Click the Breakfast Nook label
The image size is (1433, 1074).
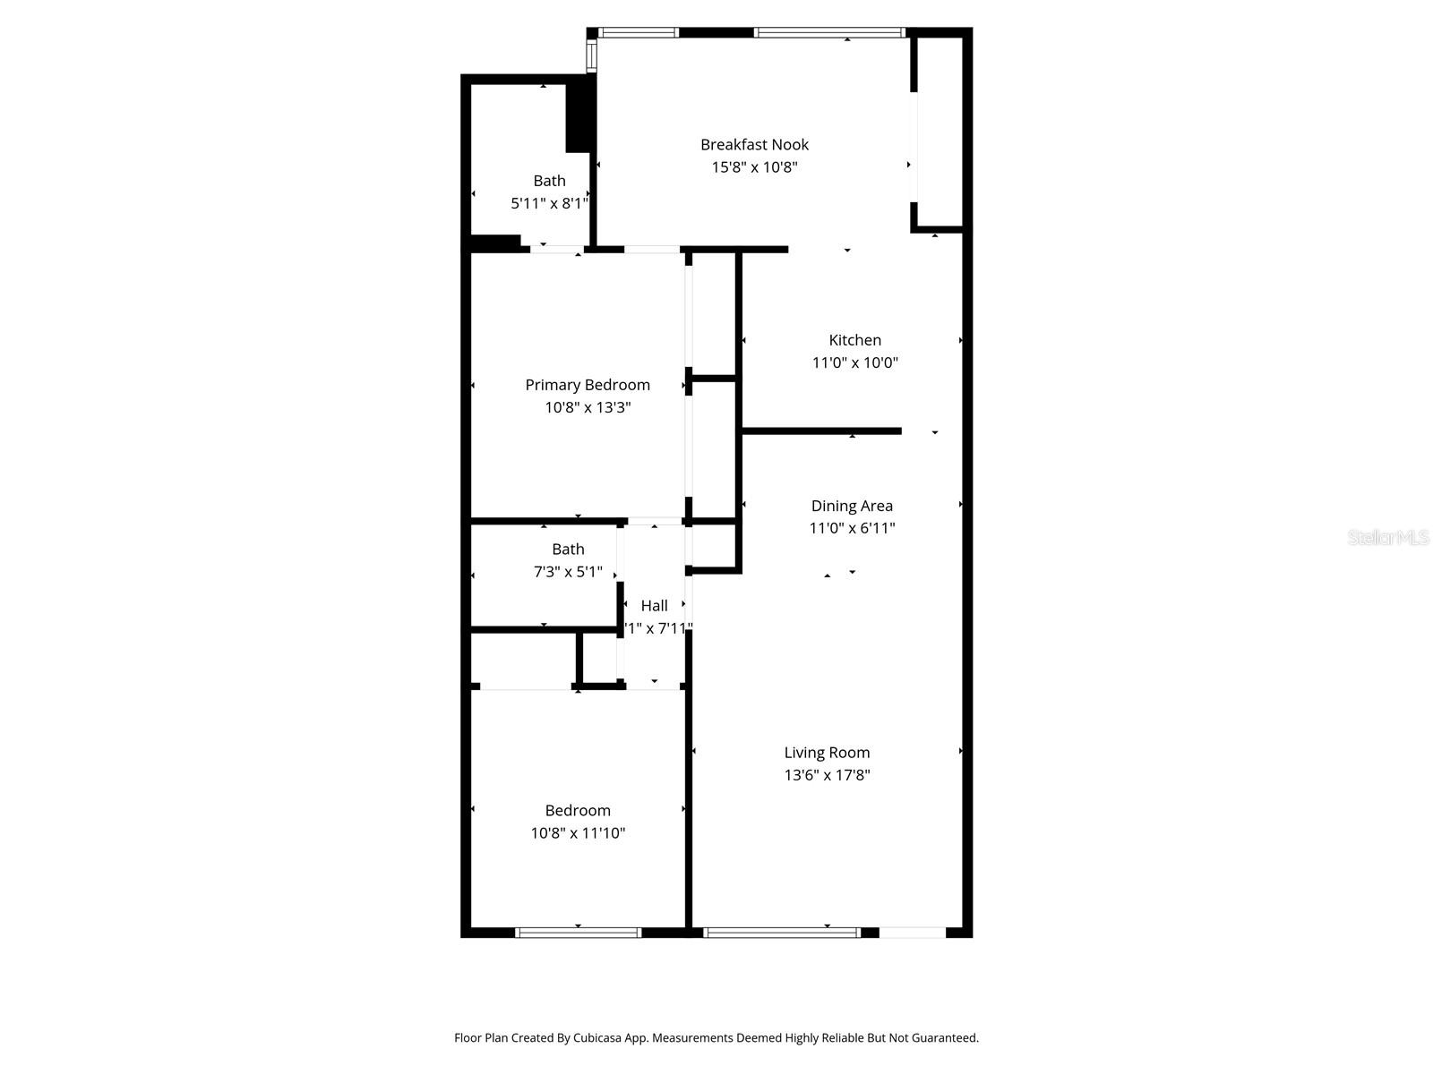click(x=754, y=144)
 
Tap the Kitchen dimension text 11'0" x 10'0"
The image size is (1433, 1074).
click(x=854, y=362)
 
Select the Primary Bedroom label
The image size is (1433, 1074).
click(x=588, y=385)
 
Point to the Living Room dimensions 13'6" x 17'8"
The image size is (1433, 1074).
click(x=827, y=775)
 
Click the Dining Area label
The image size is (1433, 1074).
click(x=852, y=506)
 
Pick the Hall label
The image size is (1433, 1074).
click(x=654, y=606)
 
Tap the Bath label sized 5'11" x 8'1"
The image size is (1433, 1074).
click(x=549, y=181)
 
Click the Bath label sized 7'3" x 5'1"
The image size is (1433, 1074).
click(x=568, y=549)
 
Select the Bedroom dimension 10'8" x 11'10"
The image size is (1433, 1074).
click(x=578, y=833)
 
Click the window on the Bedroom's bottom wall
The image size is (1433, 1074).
click(x=579, y=933)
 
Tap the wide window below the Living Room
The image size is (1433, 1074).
click(x=781, y=933)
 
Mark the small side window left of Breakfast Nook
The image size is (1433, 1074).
click(x=591, y=55)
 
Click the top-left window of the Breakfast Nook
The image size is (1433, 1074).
click(x=638, y=33)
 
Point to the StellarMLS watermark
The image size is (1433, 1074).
click(x=1387, y=537)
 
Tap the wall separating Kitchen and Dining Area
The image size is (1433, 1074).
click(x=821, y=431)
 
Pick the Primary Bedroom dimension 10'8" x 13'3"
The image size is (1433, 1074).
click(x=588, y=407)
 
